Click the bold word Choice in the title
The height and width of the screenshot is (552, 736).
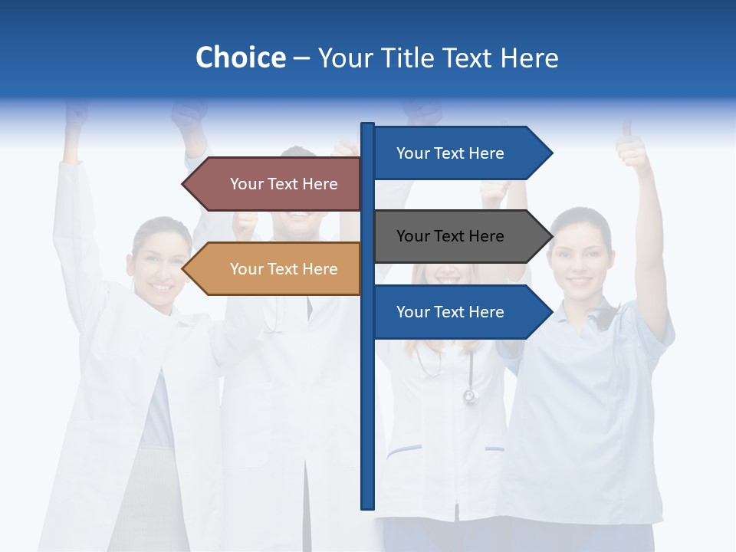pos(240,58)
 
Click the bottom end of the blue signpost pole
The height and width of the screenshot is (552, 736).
pos(368,506)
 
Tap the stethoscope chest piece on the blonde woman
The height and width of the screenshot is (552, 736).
pos(470,396)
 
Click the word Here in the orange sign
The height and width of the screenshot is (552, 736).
pos(320,269)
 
